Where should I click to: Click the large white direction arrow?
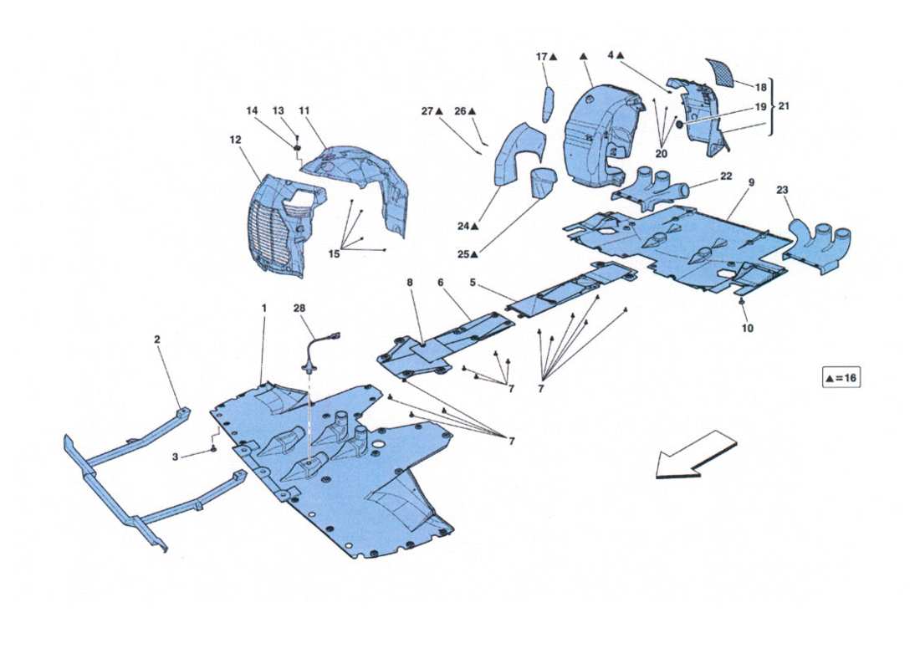pyautogui.click(x=695, y=455)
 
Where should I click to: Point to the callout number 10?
pyautogui.click(x=747, y=329)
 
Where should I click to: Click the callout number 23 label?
pyautogui.click(x=782, y=190)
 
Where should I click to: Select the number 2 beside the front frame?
pyautogui.click(x=156, y=340)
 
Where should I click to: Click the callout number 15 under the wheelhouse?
pyautogui.click(x=334, y=254)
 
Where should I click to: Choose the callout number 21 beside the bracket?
pyautogui.click(x=783, y=106)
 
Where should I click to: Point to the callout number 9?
pyautogui.click(x=751, y=181)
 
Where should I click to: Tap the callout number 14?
pyautogui.click(x=253, y=110)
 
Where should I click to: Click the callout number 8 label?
pyautogui.click(x=410, y=283)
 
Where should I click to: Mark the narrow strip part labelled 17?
pyautogui.click(x=549, y=104)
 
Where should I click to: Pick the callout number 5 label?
pyautogui.click(x=473, y=283)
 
